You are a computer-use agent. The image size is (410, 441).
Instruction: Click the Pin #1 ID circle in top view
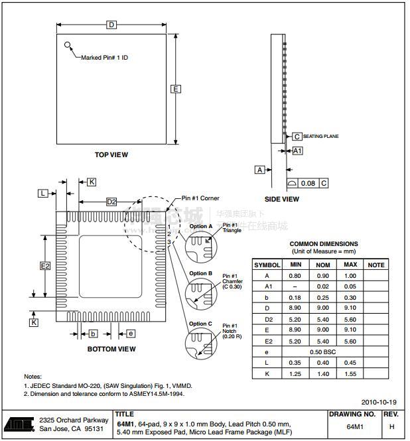[68, 45]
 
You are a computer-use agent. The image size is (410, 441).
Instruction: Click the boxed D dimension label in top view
[111, 25]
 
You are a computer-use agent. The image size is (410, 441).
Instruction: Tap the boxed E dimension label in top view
[176, 89]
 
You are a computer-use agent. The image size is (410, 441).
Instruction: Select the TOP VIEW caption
[111, 155]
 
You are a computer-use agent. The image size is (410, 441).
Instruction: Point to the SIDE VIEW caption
[282, 199]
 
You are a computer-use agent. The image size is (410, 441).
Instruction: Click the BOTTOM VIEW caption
[111, 349]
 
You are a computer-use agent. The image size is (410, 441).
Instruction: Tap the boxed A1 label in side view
[297, 151]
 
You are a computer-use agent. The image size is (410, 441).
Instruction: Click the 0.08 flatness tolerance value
[308, 183]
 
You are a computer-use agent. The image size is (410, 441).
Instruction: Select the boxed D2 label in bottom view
[111, 202]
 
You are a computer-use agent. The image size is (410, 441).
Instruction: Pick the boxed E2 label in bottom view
[45, 265]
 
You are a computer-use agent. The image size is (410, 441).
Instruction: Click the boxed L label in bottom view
[43, 193]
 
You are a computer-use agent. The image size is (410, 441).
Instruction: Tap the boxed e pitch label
[131, 334]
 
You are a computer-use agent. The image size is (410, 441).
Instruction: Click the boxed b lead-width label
[93, 334]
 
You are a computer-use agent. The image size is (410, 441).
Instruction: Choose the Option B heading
[200, 273]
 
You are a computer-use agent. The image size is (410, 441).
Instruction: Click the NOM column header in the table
[323, 265]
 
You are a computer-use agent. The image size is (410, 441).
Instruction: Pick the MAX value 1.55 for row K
[350, 373]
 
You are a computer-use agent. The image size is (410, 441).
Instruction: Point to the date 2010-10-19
[379, 402]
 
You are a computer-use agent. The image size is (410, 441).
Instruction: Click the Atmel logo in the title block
[19, 424]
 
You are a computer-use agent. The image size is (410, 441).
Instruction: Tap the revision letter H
[392, 426]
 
